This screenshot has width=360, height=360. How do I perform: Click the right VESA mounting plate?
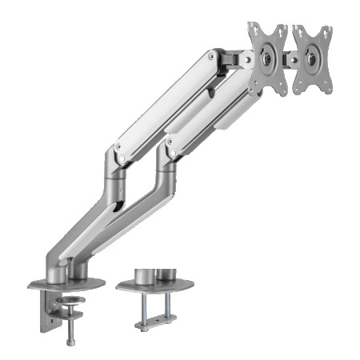pyautogui.click(x=313, y=58)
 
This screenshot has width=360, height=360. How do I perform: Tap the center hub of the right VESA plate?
pyautogui.click(x=312, y=58)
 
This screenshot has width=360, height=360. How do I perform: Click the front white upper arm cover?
pyautogui.click(x=164, y=104)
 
